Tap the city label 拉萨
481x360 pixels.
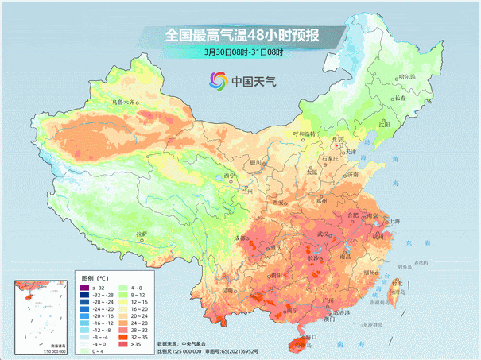click(x=142, y=234)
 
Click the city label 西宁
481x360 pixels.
click(x=230, y=176)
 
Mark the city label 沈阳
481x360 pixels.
click(x=384, y=124)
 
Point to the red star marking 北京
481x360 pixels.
click(x=338, y=146)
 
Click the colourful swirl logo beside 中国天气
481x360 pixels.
click(x=218, y=80)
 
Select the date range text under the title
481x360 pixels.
click(x=243, y=52)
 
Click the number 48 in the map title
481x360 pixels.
click(x=256, y=35)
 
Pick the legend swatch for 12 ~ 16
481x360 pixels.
click(x=133, y=303)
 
